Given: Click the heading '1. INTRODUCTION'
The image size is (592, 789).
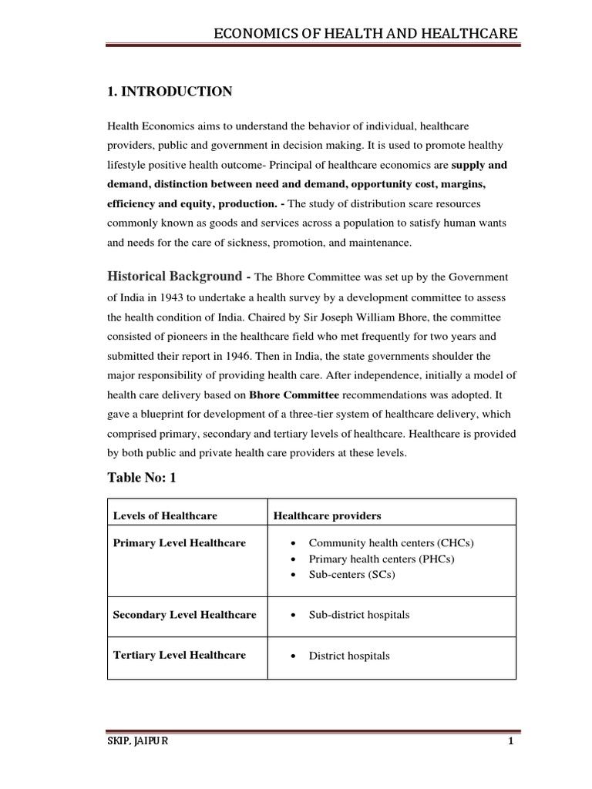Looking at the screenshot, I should tap(169, 92).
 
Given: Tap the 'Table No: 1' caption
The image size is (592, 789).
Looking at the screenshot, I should tap(142, 478).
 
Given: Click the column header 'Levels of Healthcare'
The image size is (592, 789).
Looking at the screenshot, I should tap(165, 515).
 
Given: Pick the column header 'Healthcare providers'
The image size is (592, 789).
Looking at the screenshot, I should tap(328, 515).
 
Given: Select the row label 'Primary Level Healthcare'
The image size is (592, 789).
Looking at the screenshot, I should tap(180, 543).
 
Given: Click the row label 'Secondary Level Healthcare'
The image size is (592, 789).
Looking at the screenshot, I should tap(184, 615).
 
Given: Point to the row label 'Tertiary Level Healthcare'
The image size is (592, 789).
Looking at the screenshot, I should tap(180, 655).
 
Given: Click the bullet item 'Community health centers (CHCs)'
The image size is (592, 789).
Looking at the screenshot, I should tap(391, 543).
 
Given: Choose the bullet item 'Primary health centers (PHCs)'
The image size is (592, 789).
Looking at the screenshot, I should tap(382, 559).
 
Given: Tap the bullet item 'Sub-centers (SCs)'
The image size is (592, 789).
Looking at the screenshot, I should tap(351, 575).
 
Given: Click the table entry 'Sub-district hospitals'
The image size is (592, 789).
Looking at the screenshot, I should tap(359, 615).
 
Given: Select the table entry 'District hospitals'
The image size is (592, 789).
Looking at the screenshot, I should tap(349, 656).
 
